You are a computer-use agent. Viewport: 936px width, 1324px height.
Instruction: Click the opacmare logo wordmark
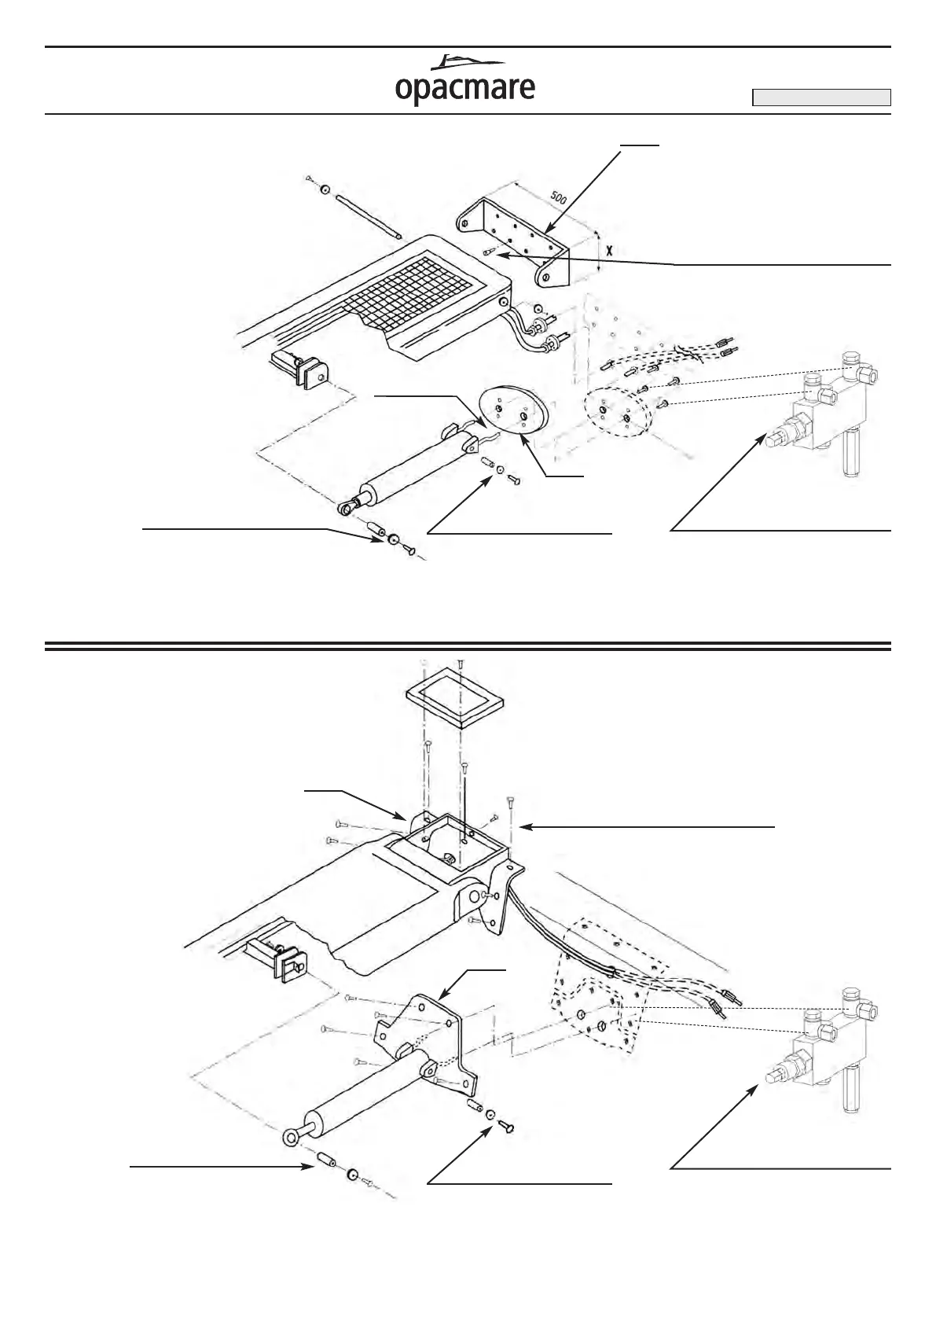(464, 89)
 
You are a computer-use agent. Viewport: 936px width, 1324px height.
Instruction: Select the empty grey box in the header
(821, 97)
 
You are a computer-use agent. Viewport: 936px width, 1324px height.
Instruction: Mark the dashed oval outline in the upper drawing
(617, 414)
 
